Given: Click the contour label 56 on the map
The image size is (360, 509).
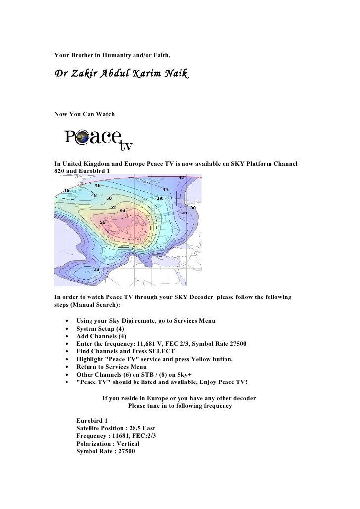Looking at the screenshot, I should point(103,222).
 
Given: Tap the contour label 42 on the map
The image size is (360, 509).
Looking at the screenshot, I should point(181,178).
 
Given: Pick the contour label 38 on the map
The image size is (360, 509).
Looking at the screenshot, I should point(193,208).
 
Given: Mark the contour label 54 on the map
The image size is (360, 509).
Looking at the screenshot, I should point(122,211).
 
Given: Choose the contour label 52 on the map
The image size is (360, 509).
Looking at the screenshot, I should point(113,207).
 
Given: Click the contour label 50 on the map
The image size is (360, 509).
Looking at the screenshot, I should point(108,199).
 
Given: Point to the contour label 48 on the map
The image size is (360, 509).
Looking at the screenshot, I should point(98,185).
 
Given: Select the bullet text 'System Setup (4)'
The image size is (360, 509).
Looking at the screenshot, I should point(100,329).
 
